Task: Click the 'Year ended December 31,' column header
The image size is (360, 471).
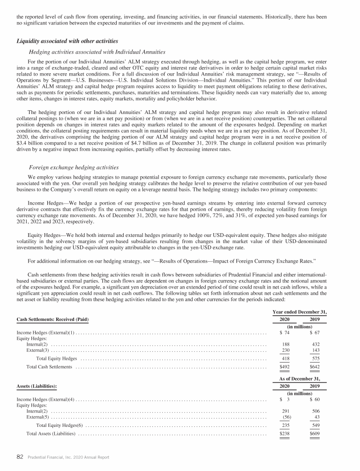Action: tap(299, 311)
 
